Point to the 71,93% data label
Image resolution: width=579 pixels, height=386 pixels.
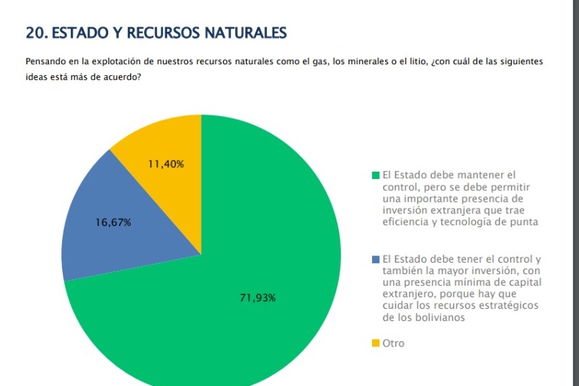(x=257, y=298)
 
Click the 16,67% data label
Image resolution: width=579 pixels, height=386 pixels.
(x=113, y=223)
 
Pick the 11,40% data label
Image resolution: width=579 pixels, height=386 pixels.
(x=166, y=164)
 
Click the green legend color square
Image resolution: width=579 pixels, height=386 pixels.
(x=376, y=175)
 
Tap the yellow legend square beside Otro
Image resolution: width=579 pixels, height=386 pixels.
(x=376, y=343)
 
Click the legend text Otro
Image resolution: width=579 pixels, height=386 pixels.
(x=394, y=343)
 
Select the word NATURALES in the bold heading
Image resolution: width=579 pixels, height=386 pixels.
(x=246, y=33)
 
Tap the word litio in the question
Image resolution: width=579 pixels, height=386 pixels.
(x=415, y=63)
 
